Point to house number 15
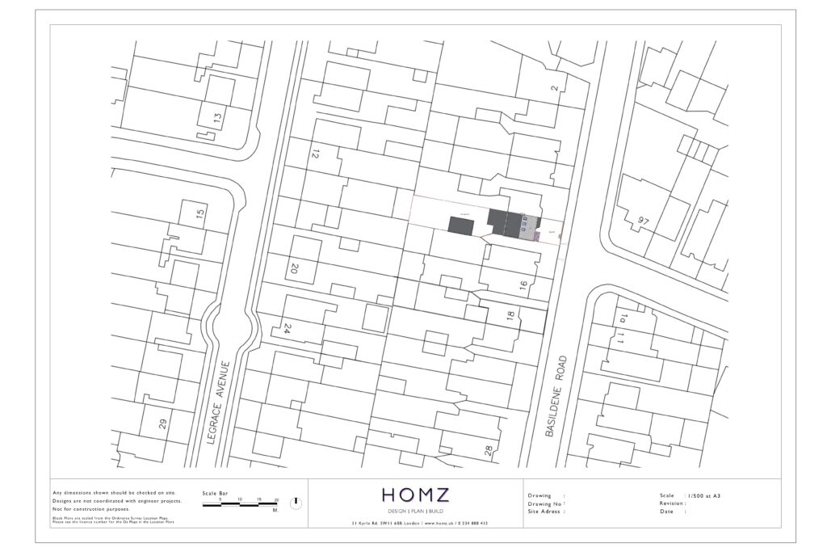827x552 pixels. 200,216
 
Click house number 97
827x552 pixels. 642,221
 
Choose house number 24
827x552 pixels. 286,329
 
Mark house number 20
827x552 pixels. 293,269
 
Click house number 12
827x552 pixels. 316,153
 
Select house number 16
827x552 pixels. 523,284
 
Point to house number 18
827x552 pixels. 510,317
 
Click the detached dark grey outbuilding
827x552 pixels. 462,224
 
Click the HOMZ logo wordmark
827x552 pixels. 415,495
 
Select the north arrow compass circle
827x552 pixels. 296,503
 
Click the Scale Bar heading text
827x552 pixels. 215,493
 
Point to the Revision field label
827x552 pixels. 673,503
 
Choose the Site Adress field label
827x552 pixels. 545,512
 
